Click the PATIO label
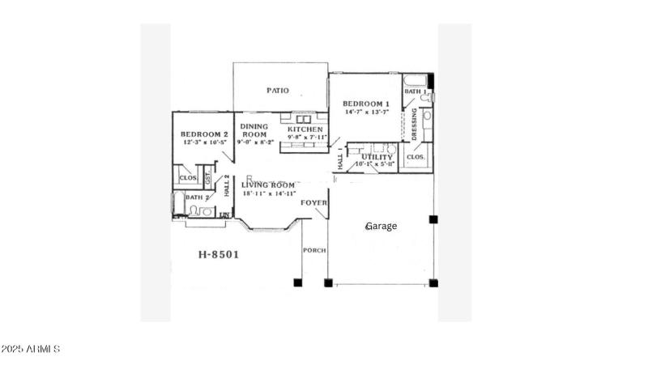279,91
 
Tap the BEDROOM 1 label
366,104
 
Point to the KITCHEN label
305,129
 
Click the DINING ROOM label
254,130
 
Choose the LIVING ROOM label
268,185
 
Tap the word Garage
381,226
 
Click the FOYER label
313,202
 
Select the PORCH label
314,251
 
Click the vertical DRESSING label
414,125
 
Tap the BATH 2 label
198,197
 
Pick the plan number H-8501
219,254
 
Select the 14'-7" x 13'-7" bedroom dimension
367,112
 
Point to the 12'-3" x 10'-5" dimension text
204,142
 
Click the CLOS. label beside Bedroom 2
188,177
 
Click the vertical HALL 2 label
228,187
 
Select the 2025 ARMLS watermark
31,350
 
